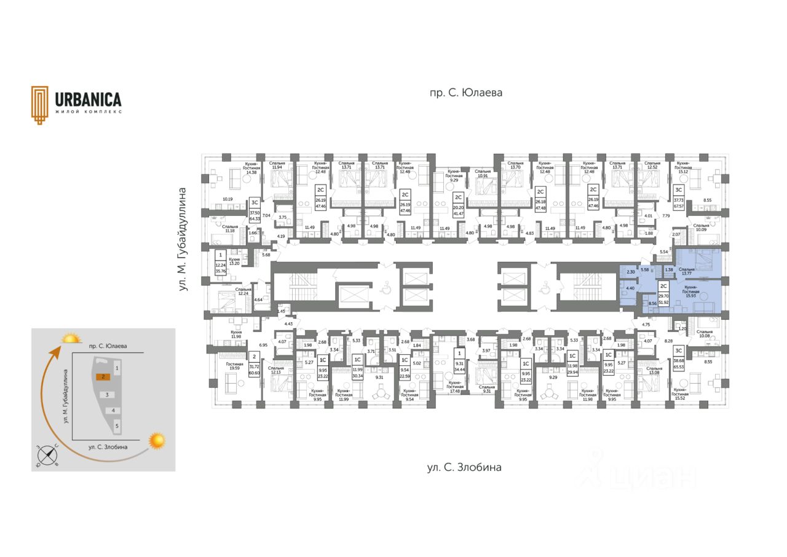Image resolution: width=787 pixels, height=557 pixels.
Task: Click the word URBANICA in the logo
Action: (88, 100)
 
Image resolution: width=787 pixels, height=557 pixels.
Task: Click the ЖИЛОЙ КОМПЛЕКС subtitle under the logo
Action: (88, 112)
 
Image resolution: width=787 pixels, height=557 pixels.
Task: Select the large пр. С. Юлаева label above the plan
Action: (465, 93)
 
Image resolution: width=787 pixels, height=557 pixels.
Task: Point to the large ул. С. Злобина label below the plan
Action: (464, 467)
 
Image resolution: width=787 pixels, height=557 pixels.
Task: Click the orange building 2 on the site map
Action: (105, 376)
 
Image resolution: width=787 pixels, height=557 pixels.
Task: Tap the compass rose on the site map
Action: (47, 456)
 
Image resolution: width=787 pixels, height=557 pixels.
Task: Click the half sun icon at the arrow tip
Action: (71, 338)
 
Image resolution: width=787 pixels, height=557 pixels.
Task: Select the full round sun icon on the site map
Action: (158, 440)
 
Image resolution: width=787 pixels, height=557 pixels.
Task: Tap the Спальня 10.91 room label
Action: (483, 174)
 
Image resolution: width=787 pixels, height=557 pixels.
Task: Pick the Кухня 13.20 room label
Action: (235, 262)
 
